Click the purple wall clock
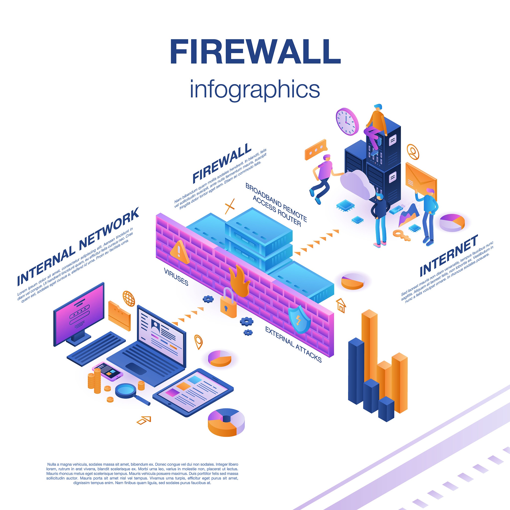click(x=347, y=122)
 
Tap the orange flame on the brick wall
click(x=239, y=281)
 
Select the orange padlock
click(x=229, y=303)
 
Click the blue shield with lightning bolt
click(x=299, y=319)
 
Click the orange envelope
click(x=421, y=180)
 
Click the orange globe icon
click(x=129, y=299)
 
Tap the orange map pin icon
click(x=198, y=342)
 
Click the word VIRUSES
click(x=176, y=277)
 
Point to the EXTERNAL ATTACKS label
click(x=293, y=344)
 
